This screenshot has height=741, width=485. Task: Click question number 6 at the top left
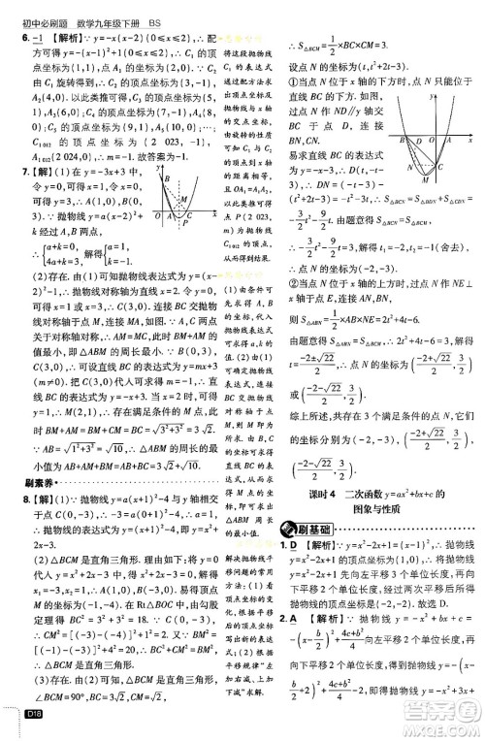(x=25, y=39)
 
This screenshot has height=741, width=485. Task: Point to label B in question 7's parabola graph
(x=166, y=177)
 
